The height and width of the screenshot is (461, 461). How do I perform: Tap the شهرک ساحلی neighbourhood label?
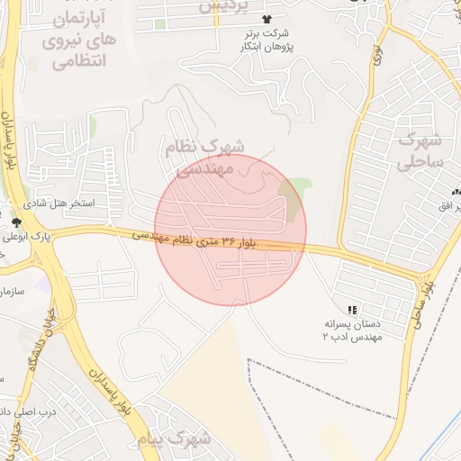point(420,151)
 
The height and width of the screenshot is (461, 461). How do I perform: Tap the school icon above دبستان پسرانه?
point(352,309)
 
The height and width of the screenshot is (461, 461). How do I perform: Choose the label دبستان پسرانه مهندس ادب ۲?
point(352,329)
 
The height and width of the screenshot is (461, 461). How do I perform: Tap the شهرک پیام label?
point(175,438)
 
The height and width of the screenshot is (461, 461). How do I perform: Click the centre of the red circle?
point(230,230)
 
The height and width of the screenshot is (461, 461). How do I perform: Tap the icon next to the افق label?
point(456,192)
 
